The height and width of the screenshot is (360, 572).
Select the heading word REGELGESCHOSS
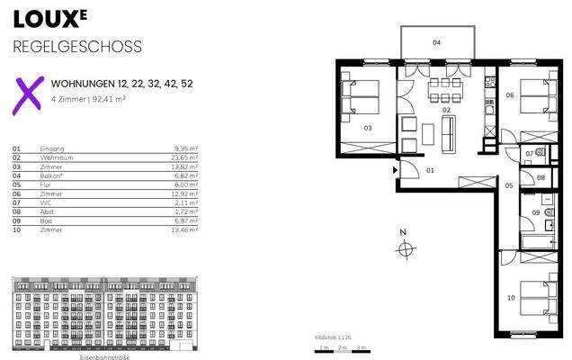[x=76, y=47]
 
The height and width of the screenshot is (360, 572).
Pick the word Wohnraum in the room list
[x=55, y=156]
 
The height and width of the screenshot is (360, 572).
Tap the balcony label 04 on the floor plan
[x=436, y=42]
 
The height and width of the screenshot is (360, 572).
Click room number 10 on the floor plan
[x=511, y=298]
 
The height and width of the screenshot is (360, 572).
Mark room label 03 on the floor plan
[x=368, y=129]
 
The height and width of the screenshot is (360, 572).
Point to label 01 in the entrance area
[x=429, y=170]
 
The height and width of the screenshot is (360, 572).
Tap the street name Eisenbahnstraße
[x=105, y=357]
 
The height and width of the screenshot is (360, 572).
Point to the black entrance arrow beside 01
[x=395, y=169]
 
